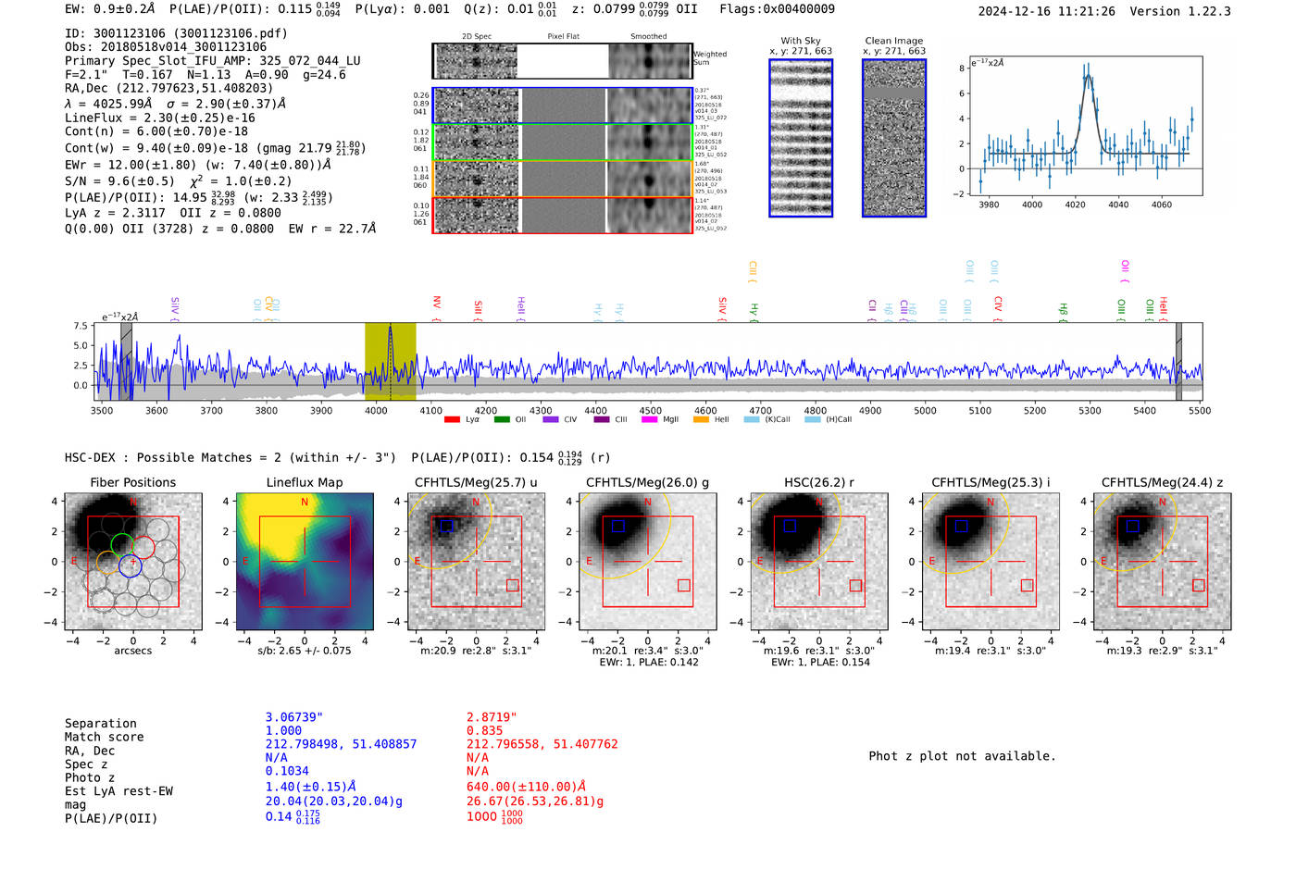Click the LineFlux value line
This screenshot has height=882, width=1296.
[159, 118]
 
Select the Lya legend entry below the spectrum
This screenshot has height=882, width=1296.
[463, 419]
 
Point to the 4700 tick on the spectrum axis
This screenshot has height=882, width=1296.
[760, 410]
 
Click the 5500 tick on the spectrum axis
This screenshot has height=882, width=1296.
[1200, 410]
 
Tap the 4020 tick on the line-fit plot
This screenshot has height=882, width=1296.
[1075, 205]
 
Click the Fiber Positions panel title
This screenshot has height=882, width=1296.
[132, 482]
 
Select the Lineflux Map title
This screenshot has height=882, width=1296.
[304, 482]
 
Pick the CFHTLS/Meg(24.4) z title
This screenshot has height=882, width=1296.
[1162, 482]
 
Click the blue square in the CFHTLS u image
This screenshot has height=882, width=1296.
[446, 526]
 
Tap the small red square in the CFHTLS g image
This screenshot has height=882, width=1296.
[683, 585]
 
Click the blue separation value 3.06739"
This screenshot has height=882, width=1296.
[293, 717]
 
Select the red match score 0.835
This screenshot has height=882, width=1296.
[484, 730]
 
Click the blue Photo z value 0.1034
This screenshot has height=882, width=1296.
[287, 771]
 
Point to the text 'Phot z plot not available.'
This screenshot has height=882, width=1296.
[962, 756]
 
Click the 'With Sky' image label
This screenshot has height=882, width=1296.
[800, 41]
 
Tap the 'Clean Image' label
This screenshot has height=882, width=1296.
[893, 41]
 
